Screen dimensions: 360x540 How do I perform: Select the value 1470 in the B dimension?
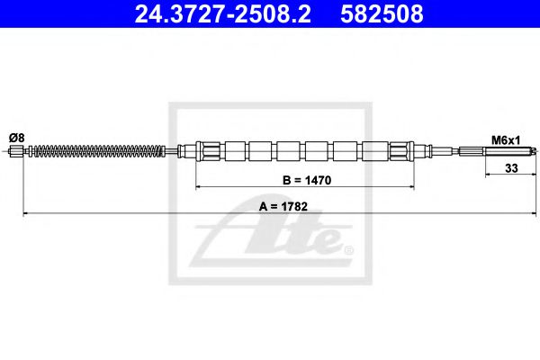coord(316,180)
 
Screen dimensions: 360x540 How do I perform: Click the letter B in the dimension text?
coord(287,180)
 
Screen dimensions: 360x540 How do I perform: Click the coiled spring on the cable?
coord(90,151)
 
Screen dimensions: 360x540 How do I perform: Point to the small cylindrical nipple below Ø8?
coord(16,151)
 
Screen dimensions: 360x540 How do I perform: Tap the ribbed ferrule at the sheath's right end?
coord(400,150)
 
